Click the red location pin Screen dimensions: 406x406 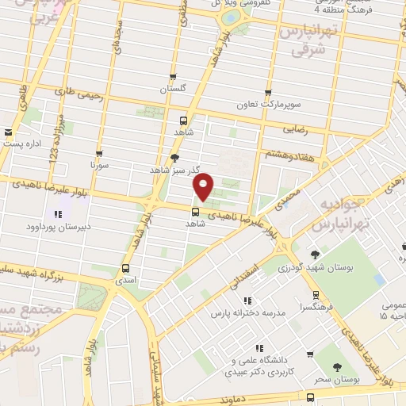click(205, 186)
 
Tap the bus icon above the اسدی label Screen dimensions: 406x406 click(126, 268)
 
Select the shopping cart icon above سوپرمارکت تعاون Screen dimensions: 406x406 click(268, 92)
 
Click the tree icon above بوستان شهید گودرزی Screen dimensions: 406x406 click(316, 255)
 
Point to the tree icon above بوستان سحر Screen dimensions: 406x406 click(338, 367)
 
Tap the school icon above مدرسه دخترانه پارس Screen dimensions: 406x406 click(248, 301)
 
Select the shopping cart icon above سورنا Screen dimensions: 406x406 click(99, 154)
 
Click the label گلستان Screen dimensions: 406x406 click(173, 90)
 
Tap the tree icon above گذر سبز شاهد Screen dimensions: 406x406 click(174, 157)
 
